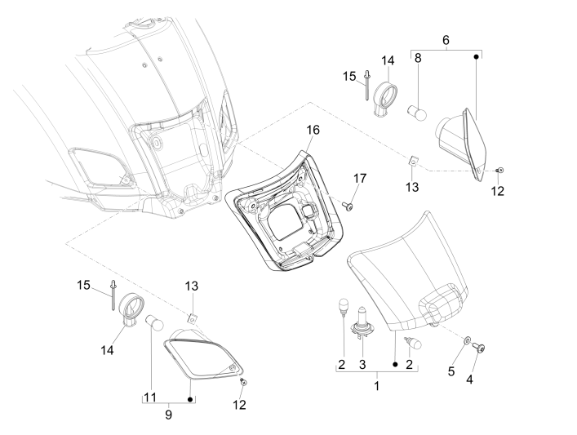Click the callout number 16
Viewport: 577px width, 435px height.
(x=314, y=131)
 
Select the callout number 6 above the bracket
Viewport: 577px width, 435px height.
(x=446, y=39)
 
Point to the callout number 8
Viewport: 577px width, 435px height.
(x=418, y=58)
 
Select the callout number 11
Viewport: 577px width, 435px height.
(x=149, y=397)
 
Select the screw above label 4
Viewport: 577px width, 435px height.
(x=482, y=349)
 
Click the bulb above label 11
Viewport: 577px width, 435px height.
(x=152, y=323)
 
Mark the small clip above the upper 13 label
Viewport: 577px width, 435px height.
(x=413, y=161)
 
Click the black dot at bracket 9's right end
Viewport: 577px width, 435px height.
(x=191, y=400)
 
